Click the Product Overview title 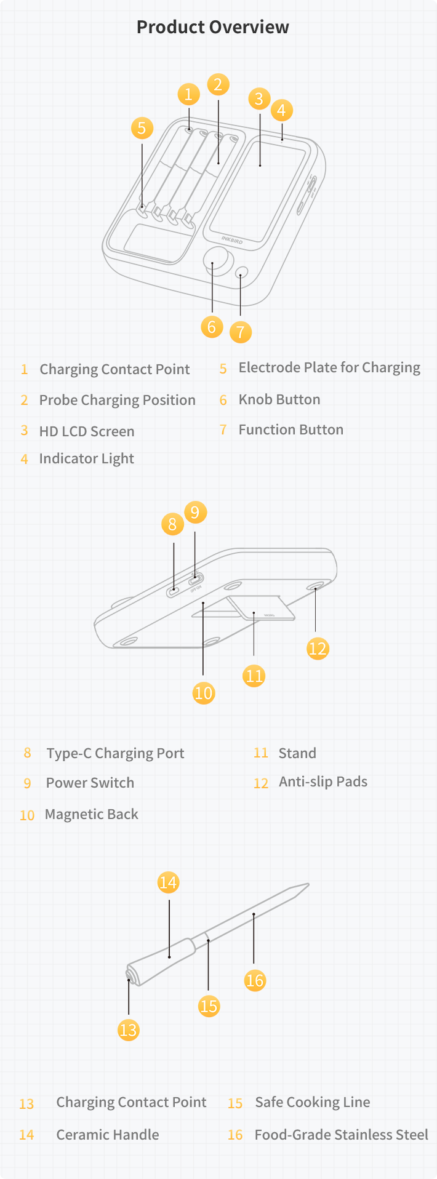(212, 27)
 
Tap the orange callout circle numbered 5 (142, 128)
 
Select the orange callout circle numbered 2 (218, 84)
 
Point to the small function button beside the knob (242, 272)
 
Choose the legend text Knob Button (279, 399)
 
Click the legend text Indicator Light (86, 459)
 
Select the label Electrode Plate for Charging (329, 368)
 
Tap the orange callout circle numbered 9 (195, 513)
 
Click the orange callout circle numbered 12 (318, 648)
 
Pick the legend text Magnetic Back (92, 814)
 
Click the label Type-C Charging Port (115, 754)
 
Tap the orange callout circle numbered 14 (168, 882)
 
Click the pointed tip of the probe (308, 885)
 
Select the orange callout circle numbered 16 (255, 980)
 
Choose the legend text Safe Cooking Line (313, 1102)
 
